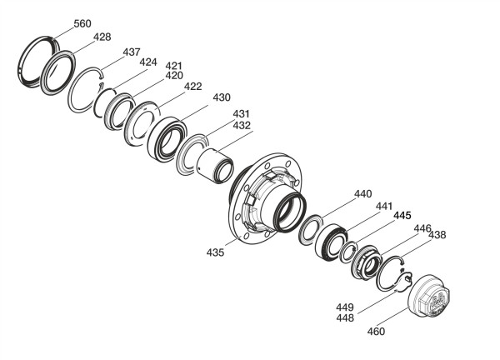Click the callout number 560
click(x=82, y=23)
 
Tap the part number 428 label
click(x=102, y=37)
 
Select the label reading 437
click(x=132, y=52)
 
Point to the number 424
click(x=148, y=62)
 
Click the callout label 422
click(x=193, y=87)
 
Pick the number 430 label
click(x=222, y=97)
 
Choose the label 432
click(x=242, y=125)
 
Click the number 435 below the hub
click(x=215, y=252)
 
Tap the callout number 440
click(x=362, y=194)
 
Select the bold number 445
click(x=402, y=216)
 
